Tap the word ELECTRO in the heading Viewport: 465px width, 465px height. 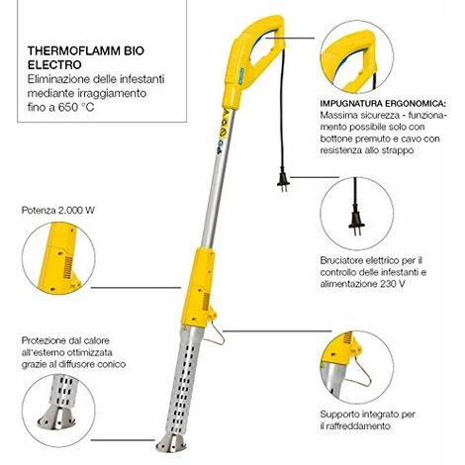point(54,64)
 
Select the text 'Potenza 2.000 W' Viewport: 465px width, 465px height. point(58,211)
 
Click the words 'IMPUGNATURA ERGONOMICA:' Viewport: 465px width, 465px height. point(383,103)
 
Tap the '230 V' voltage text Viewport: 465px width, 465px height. point(393,284)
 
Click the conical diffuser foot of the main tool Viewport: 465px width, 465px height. point(171,443)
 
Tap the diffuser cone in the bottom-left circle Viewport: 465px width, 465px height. point(56,417)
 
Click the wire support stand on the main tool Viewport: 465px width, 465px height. point(215,332)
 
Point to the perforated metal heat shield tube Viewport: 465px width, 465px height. point(180,379)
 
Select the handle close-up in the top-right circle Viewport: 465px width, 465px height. point(357,57)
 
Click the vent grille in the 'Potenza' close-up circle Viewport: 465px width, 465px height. point(68,267)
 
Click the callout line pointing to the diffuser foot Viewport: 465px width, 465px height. point(123,440)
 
